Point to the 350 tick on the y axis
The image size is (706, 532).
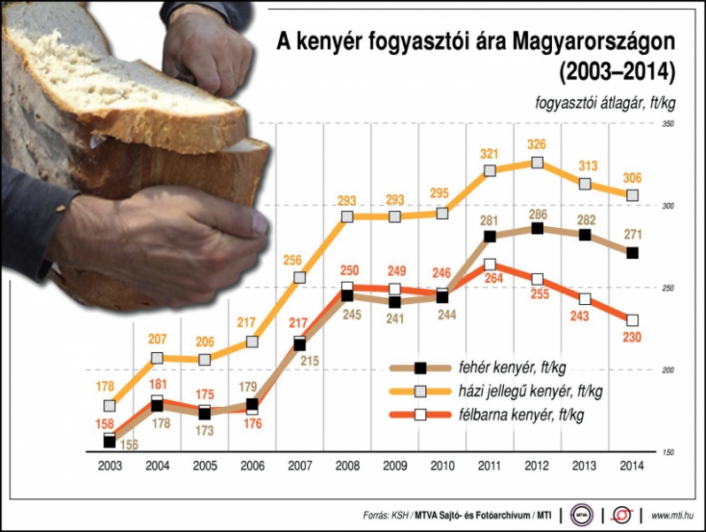[x=669, y=123]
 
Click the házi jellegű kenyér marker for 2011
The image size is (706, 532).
[x=490, y=170]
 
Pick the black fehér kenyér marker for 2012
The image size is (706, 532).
[x=537, y=229]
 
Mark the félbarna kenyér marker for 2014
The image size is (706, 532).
[x=632, y=321]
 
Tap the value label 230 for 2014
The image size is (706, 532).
[x=632, y=338]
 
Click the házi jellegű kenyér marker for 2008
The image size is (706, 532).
[x=347, y=216]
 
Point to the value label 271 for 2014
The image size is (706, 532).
[x=632, y=235]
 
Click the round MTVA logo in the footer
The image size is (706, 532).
[x=582, y=513]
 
